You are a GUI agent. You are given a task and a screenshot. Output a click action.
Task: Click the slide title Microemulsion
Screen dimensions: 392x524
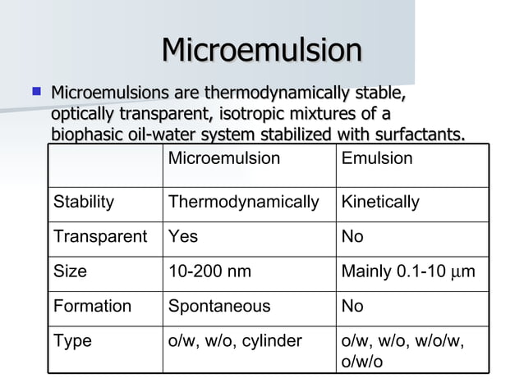coord(261,51)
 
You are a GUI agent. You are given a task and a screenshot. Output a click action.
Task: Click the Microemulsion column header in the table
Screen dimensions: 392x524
coord(223,158)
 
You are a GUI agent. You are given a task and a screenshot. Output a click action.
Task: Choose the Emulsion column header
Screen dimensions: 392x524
coord(376,158)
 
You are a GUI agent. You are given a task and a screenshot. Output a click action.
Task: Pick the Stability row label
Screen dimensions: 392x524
coord(84,202)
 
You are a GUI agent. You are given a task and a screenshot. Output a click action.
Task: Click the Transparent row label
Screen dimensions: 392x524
coord(100,237)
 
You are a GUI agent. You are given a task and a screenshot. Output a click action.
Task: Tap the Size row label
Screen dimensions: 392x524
coord(70,271)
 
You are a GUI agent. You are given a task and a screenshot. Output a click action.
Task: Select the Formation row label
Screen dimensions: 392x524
coord(92,306)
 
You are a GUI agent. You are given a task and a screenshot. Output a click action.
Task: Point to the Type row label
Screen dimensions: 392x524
coord(72,340)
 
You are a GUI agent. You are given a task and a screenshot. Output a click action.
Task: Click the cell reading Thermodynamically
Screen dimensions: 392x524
coord(243,202)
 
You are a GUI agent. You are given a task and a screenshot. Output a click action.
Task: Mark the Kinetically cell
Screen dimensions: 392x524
coord(380,202)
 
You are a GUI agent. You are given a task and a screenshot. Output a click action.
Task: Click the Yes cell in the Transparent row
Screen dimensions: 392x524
coord(182,237)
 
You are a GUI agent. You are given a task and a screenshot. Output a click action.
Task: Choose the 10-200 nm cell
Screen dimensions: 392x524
coord(209,271)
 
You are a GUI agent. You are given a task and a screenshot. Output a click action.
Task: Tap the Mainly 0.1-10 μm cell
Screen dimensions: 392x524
coord(407,271)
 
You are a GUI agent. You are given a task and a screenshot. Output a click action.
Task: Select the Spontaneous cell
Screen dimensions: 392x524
coord(218,306)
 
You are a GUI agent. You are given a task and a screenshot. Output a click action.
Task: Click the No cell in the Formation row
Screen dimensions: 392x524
coord(352,306)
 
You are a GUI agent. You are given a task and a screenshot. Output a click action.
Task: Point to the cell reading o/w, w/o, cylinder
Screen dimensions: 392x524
coord(235,340)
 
